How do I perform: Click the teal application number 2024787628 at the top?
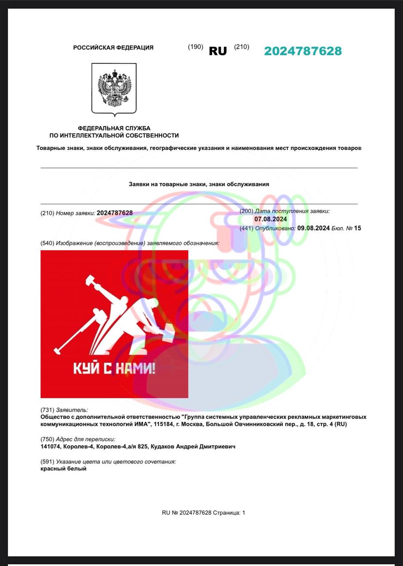click(303, 51)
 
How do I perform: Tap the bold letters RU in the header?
click(217, 51)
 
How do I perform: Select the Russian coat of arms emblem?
click(114, 88)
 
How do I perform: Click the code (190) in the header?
click(195, 47)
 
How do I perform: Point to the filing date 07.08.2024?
click(270, 219)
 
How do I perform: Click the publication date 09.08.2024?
click(313, 228)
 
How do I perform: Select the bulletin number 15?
click(357, 228)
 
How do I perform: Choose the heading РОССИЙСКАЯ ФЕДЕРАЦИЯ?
click(113, 48)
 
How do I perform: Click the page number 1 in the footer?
click(243, 513)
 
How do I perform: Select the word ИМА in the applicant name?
click(143, 424)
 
